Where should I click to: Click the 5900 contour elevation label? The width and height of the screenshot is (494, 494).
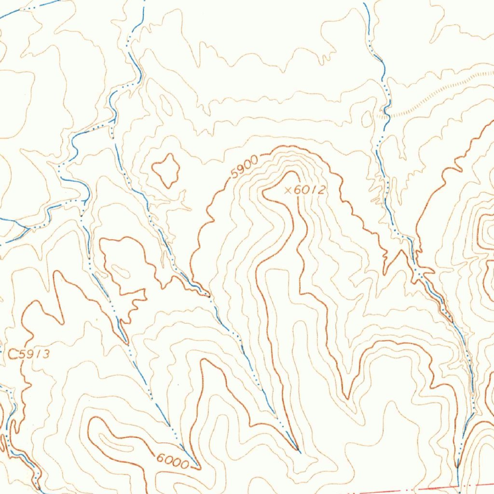click(x=245, y=167)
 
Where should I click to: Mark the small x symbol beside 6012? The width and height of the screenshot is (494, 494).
click(x=288, y=191)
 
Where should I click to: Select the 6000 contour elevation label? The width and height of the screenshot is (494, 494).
click(x=172, y=462)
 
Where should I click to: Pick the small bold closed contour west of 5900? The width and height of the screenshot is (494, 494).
click(x=166, y=170)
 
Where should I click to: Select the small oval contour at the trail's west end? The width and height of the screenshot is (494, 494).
click(x=367, y=119)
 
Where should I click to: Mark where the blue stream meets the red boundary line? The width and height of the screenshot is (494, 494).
click(x=457, y=485)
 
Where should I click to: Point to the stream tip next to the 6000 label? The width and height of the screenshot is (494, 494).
click(x=198, y=467)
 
